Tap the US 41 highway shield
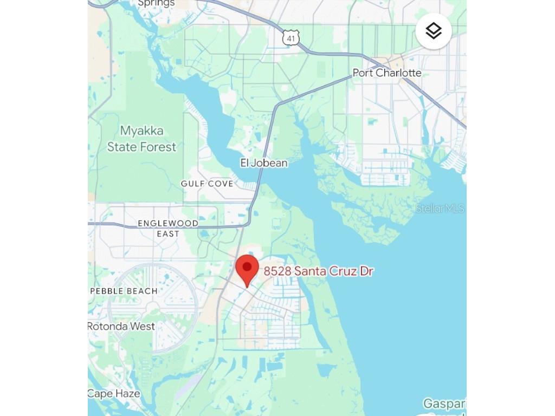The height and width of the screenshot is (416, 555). point(291,38)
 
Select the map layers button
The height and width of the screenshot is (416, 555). point(434,31)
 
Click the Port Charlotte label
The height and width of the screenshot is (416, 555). point(386,73)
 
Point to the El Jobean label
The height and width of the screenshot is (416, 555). point(264,162)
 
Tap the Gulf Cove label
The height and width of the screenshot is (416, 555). point(207,184)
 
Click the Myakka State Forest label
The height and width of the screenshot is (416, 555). point(141,139)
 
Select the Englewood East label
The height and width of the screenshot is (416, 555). point(168,228)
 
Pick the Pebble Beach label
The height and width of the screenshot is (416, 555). point(124,291)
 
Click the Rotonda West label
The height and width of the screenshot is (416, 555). point(121,326)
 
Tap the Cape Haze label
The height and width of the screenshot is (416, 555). point(114,394)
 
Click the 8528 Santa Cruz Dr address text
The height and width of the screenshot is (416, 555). point(318,271)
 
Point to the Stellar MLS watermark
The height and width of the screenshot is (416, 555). point(440,209)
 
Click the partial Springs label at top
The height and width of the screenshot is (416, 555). point(156,3)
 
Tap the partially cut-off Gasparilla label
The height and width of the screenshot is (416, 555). point(444,404)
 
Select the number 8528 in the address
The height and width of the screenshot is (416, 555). point(277,271)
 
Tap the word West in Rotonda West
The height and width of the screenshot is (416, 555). point(143,326)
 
